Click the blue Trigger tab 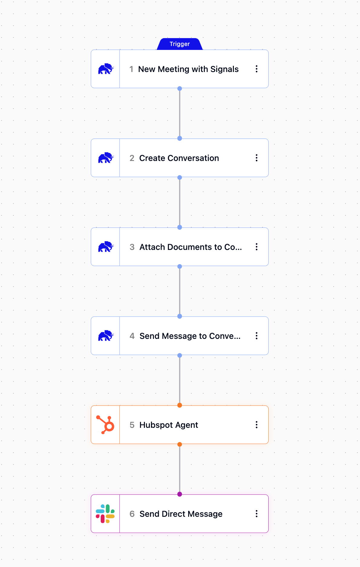pos(180,44)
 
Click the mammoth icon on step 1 pos(106,69)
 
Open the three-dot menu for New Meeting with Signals pos(257,69)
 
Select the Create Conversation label pos(179,158)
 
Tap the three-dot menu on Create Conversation pos(257,158)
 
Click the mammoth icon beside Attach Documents pos(106,247)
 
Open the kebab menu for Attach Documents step pos(257,247)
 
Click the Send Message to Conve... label pos(190,336)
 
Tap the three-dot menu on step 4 pos(257,336)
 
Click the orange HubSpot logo pos(105,425)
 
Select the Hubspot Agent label pos(169,425)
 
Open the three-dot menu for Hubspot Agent pos(257,425)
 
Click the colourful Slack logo pos(105,514)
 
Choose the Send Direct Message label pos(181,514)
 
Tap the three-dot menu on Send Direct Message pos(257,514)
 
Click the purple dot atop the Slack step pos(180,494)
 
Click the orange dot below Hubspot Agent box pos(180,444)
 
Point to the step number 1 pos(131,69)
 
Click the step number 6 pos(132,514)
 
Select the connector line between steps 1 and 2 pos(180,113)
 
